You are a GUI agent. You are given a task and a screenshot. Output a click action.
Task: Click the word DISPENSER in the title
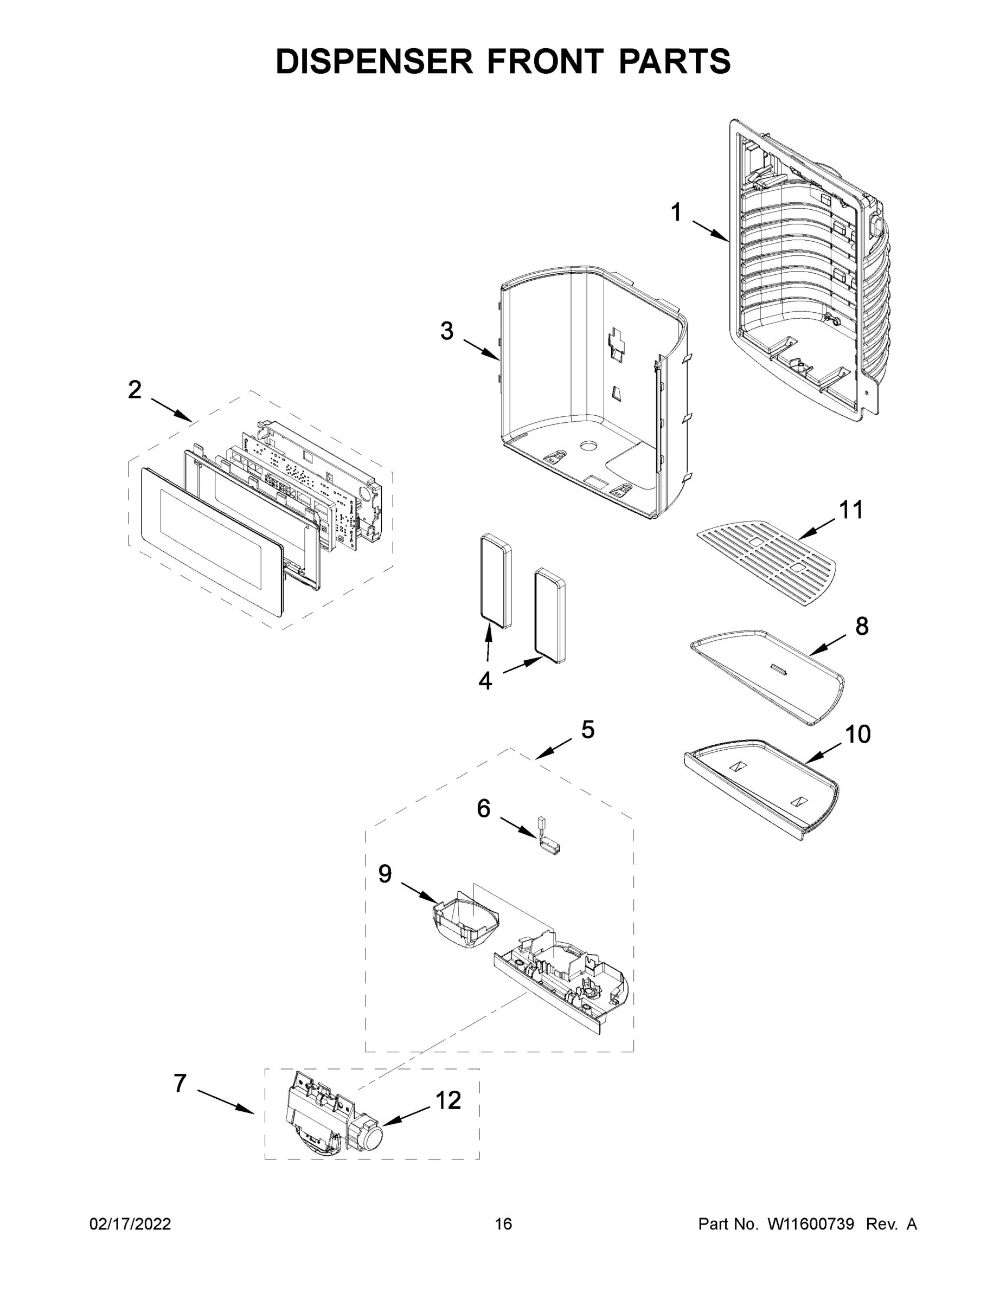coord(374,61)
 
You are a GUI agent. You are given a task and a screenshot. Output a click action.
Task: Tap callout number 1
coord(676,212)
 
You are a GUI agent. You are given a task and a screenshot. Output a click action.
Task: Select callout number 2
coord(134,390)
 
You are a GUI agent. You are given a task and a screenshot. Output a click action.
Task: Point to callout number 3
coord(447,331)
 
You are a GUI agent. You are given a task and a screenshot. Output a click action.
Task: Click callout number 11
coord(851,510)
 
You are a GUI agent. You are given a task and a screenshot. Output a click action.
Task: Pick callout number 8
coord(862,626)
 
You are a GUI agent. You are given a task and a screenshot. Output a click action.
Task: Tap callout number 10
coord(857,735)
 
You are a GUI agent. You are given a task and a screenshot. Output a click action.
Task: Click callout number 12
coord(448,1100)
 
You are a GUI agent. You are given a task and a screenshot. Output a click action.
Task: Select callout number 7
coord(180,1084)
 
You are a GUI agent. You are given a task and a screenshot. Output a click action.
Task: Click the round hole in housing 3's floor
coord(588,446)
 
